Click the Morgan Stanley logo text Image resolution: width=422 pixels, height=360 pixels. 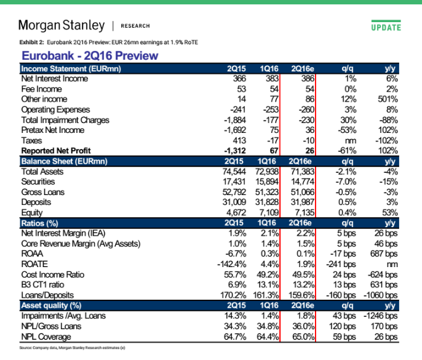(62, 26)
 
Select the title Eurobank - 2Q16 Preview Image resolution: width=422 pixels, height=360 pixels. (90, 56)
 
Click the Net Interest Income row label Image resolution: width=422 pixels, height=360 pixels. (55, 79)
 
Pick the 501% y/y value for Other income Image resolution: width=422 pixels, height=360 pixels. (388, 99)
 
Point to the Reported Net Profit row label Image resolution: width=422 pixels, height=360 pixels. (56, 151)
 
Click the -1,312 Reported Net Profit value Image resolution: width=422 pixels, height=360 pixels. (235, 151)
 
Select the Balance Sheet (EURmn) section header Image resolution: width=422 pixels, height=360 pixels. (65, 161)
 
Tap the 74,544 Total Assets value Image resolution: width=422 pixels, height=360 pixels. (234, 172)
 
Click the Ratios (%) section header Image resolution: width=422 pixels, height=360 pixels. (39, 223)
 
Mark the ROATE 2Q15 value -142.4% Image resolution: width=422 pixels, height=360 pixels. (232, 264)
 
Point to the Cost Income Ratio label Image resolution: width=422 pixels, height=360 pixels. (53, 274)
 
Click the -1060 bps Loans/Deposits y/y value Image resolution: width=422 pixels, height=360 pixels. (381, 295)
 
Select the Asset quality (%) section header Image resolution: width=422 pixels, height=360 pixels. (51, 306)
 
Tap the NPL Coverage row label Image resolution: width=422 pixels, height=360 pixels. (46, 337)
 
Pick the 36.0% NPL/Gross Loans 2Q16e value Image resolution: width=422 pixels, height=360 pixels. (304, 326)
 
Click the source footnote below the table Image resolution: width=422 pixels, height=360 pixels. (72, 348)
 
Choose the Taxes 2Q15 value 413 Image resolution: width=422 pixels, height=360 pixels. (239, 140)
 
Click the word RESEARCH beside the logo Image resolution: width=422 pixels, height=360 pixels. (135, 26)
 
